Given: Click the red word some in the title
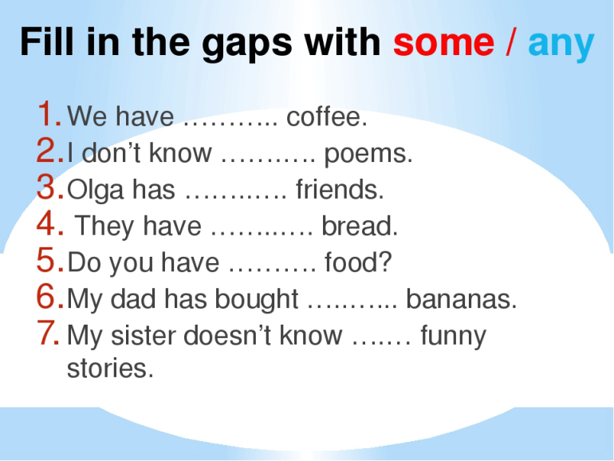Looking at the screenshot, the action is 443,42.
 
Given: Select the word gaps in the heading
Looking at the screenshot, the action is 247,45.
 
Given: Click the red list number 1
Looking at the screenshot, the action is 49,113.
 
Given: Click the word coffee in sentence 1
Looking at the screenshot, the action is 326,116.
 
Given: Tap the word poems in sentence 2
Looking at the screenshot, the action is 368,154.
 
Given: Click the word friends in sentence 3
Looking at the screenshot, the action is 340,189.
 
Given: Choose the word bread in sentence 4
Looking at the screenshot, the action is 360,226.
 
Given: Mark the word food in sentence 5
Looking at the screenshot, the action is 358,262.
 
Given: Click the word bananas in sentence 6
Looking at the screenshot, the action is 461,299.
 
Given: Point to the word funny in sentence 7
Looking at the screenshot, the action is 453,337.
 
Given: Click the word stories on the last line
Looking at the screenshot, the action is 110,368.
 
